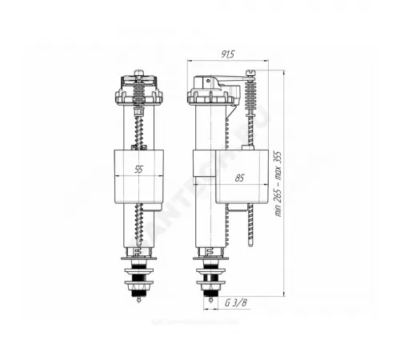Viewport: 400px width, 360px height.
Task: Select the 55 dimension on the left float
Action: [138, 169]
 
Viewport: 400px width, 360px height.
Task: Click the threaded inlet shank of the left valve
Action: [138, 282]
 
